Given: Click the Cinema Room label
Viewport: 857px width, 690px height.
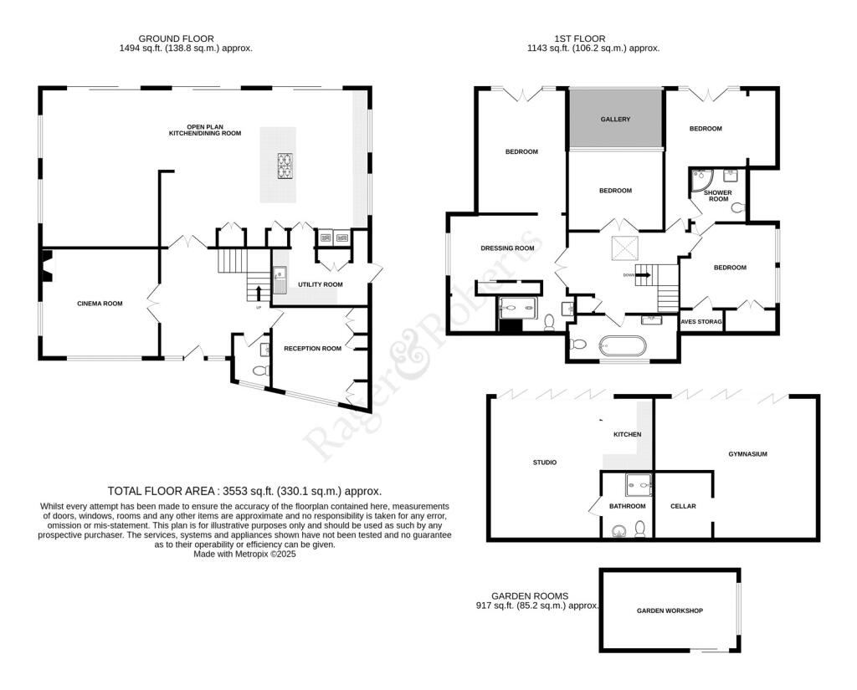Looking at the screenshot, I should [100, 304].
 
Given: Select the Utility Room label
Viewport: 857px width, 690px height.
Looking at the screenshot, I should [321, 284].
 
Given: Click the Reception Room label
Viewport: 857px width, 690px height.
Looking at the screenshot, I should [312, 348].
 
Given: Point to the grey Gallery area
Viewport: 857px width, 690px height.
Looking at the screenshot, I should [615, 119].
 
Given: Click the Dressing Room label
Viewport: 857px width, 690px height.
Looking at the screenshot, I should [507, 248].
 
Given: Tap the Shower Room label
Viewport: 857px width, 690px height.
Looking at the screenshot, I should [718, 196].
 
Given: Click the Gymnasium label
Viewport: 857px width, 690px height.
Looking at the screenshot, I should [747, 454].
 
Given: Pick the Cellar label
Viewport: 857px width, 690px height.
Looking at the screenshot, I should [683, 506].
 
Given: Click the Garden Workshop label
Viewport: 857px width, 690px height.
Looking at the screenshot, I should [670, 611].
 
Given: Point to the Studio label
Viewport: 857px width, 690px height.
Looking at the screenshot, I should [545, 463].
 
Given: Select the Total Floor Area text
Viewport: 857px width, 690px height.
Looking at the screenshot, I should [244, 491].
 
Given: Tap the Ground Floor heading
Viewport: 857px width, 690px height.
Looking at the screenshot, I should [176, 38].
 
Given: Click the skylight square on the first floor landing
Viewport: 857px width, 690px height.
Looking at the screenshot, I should [624, 248].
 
